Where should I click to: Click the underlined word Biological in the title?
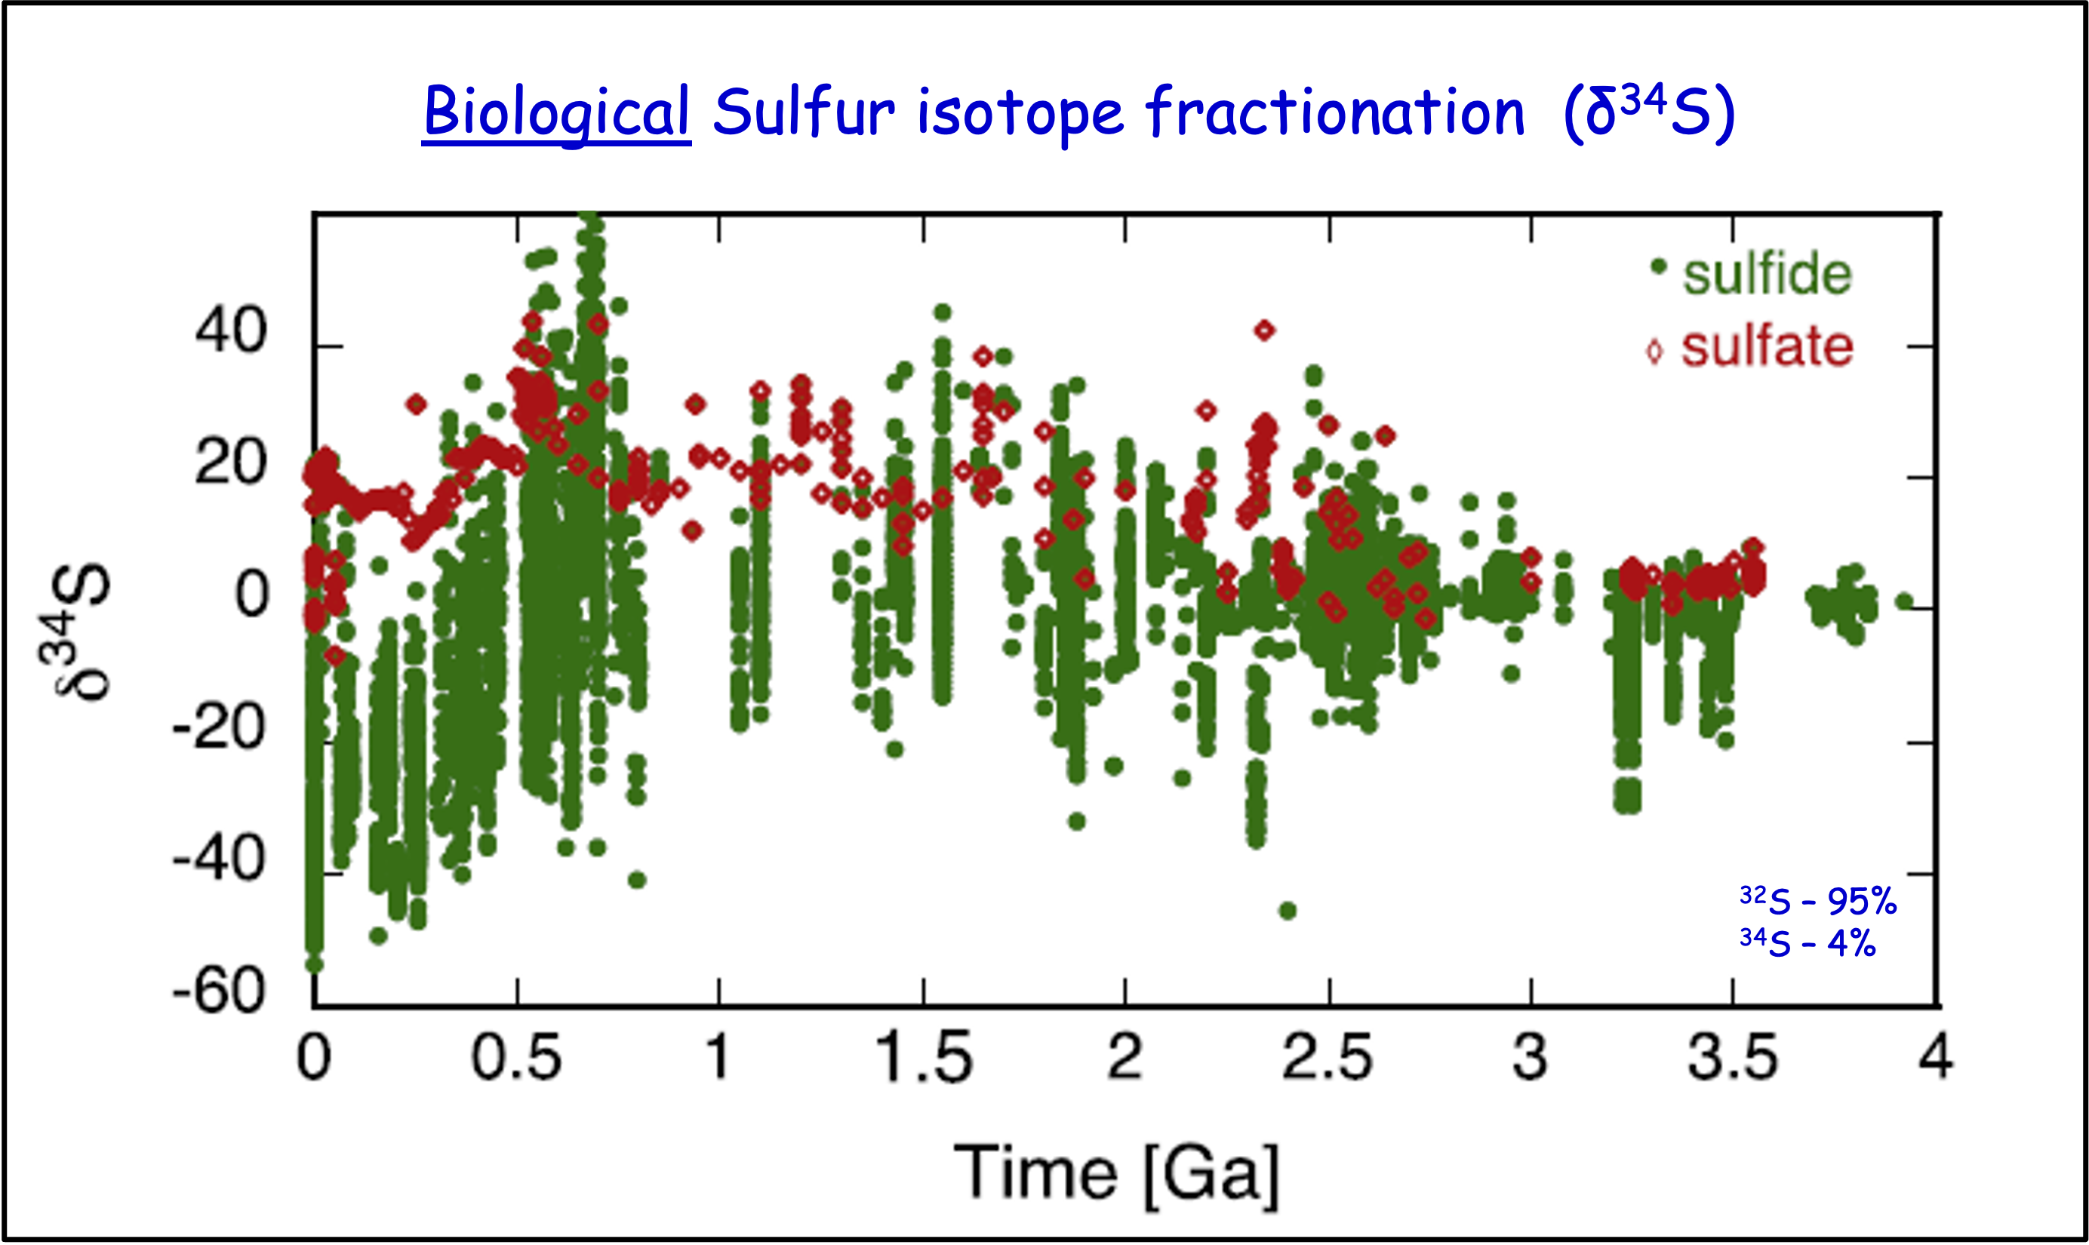[556, 112]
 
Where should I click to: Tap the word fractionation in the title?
[1335, 112]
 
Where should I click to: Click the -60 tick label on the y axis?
[219, 991]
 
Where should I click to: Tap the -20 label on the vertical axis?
[219, 727]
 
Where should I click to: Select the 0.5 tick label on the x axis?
[516, 1057]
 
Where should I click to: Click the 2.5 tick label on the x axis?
[1328, 1057]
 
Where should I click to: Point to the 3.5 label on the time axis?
[1733, 1057]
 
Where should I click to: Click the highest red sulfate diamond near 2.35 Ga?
[1264, 330]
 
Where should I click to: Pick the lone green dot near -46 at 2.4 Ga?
[1288, 910]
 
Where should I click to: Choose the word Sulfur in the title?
[804, 112]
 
